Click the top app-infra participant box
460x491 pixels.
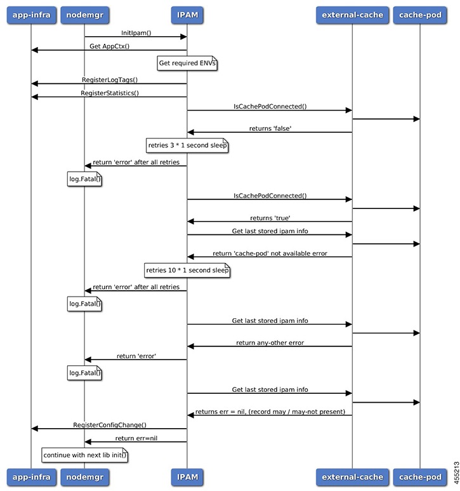30,15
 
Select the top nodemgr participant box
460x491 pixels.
84,15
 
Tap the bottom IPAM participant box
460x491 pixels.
187,476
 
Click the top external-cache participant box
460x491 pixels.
352,15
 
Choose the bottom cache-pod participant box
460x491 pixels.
419,476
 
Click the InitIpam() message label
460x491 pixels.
136,32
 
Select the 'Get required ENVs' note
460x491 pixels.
187,64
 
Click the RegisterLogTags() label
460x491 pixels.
109,79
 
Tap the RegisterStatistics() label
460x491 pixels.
109,93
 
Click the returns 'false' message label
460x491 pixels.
269,128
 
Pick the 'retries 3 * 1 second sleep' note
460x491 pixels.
187,145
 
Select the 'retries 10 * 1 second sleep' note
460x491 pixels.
187,270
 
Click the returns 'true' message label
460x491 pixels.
269,217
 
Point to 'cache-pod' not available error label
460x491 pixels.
269,253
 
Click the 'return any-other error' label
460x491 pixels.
269,342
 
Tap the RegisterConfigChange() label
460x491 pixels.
109,424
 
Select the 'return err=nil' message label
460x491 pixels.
136,438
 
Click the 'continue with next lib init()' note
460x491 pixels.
84,455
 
